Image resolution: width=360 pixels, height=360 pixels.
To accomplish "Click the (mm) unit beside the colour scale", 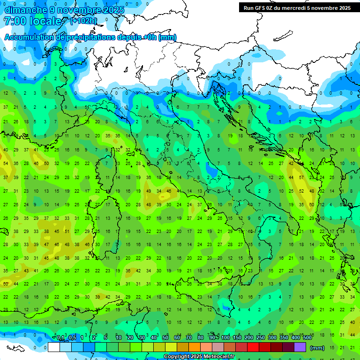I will (317, 348).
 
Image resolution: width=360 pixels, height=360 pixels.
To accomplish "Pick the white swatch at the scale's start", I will (53, 347).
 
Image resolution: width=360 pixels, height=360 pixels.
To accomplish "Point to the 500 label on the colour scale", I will (307, 337).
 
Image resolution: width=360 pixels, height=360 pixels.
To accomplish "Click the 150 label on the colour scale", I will (237, 337).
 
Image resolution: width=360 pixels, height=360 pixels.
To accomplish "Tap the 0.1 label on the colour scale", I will (60, 337).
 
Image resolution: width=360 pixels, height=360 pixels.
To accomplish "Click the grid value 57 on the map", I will (302, 178).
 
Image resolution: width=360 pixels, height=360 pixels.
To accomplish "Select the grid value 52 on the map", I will (302, 191).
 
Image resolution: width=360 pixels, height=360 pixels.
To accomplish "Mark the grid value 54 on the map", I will (6, 164).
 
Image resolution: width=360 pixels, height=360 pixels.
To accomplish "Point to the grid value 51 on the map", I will (66, 231).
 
